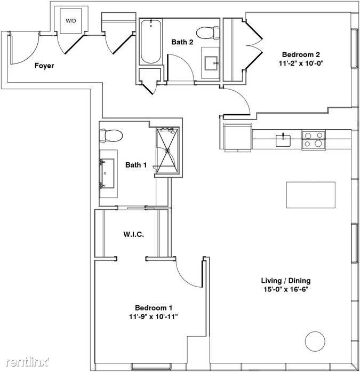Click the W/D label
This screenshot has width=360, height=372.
point(71,21)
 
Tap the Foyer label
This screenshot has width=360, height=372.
point(44,66)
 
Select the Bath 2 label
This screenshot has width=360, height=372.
point(182,42)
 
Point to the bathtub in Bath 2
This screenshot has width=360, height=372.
point(151,42)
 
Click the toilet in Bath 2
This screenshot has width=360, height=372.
point(208,33)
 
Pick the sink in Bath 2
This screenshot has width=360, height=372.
point(211,63)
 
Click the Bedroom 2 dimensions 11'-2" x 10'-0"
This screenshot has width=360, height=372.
point(301,64)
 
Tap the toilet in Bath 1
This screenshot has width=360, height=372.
point(111,136)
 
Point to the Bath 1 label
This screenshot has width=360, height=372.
point(136,165)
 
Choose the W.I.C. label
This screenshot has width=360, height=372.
point(134,234)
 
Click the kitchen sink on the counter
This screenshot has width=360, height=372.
point(283,140)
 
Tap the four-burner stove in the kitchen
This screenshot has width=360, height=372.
point(314,140)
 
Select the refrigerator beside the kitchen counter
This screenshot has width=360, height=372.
point(237,137)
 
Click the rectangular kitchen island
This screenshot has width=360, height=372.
point(311,195)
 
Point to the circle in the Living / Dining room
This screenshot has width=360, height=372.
point(315,342)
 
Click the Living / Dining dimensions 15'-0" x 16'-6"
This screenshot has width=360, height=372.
point(285,289)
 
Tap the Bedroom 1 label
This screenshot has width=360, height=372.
point(154,308)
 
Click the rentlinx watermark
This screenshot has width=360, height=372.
point(28,362)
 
